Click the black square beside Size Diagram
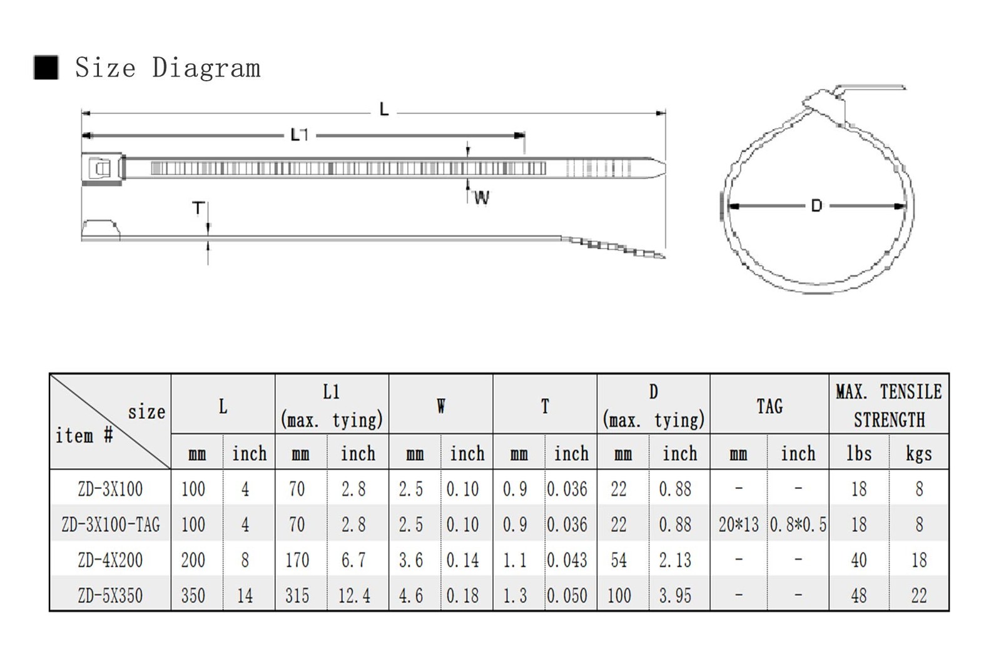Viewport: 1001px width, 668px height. tap(46, 68)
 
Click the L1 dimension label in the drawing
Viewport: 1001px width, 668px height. tap(300, 135)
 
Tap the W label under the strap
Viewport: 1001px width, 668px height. tap(482, 197)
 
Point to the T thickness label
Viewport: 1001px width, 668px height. tap(198, 208)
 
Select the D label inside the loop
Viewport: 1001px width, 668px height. tap(816, 206)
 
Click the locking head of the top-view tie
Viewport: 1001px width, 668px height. tap(103, 168)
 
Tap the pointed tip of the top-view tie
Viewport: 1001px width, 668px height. tap(664, 168)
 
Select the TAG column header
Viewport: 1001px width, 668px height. tap(770, 406)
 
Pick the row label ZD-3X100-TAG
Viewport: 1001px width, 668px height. tap(110, 525)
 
